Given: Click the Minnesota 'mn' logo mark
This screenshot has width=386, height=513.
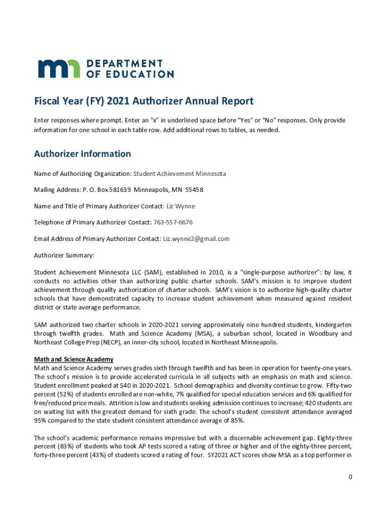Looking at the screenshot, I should pyautogui.click(x=59, y=69).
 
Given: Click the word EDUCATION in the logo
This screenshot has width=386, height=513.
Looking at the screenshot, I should pyautogui.click(x=135, y=74).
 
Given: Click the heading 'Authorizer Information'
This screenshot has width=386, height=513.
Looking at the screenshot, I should pyautogui.click(x=82, y=154).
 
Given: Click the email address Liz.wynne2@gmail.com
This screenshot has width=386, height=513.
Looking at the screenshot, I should pyautogui.click(x=197, y=239).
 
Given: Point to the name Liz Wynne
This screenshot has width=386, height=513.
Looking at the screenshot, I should pyautogui.click(x=181, y=206).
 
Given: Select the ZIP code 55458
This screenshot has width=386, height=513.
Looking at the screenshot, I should pyautogui.click(x=195, y=190).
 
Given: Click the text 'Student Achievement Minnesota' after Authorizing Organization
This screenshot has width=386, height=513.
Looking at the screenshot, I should pyautogui.click(x=179, y=174).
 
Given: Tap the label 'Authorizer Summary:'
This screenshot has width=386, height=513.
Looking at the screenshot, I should pyautogui.click(x=64, y=255).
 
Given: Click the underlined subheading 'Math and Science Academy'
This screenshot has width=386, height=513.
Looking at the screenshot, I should pyautogui.click(x=74, y=359).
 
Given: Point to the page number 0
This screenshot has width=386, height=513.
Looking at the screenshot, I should pyautogui.click(x=350, y=476).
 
